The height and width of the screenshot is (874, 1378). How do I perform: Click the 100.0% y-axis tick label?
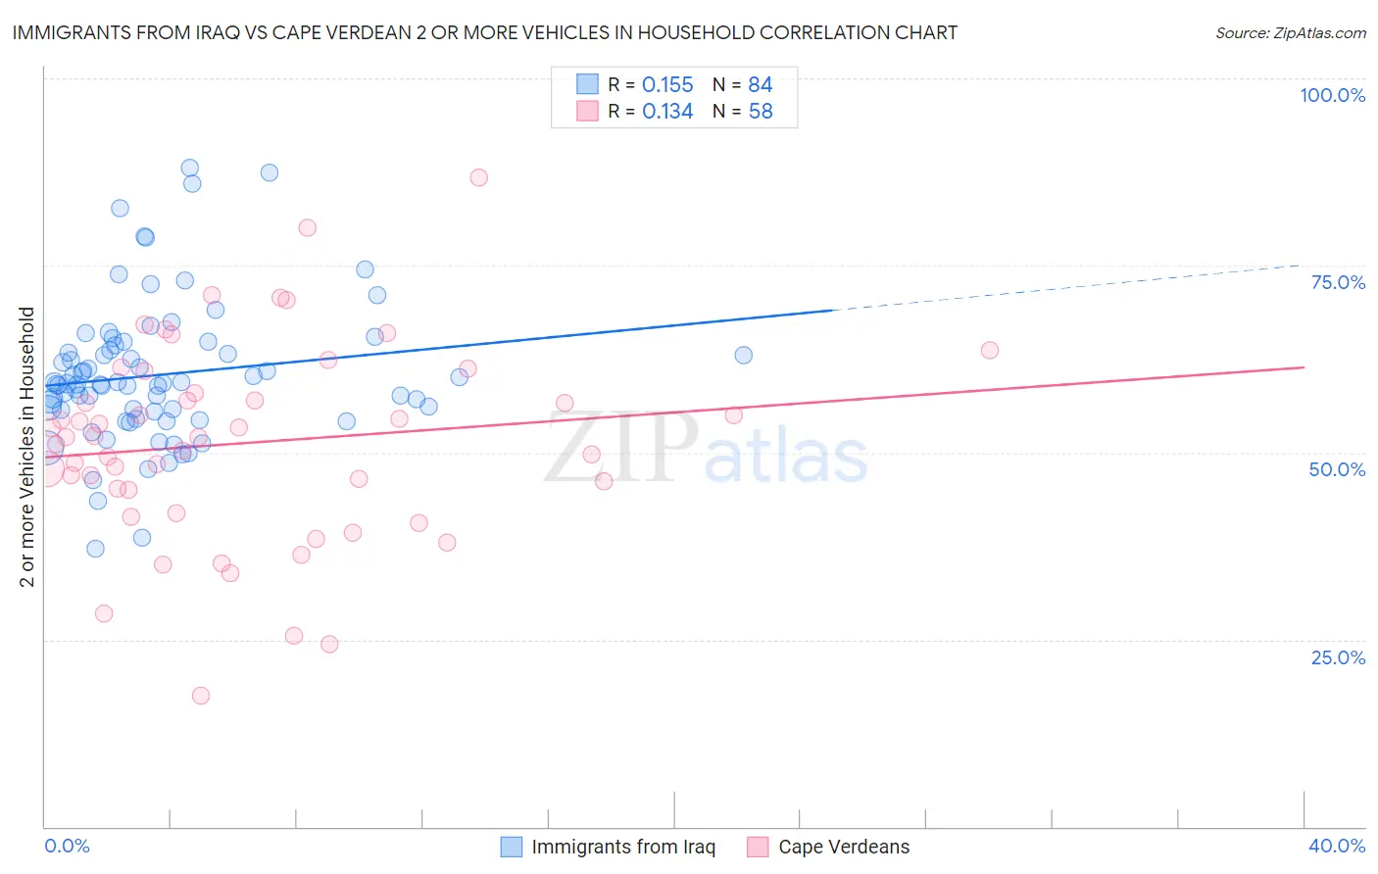pyautogui.click(x=1332, y=95)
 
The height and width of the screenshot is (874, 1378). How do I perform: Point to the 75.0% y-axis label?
pyautogui.click(x=1338, y=282)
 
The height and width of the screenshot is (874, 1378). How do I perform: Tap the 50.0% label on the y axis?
pyautogui.click(x=1337, y=469)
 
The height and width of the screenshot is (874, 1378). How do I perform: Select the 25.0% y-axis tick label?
pyautogui.click(x=1338, y=656)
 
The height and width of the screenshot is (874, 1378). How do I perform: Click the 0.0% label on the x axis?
pyautogui.click(x=67, y=846)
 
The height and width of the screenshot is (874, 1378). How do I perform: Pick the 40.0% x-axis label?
pyautogui.click(x=1337, y=846)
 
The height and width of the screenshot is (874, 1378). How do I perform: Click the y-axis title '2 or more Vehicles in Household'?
pyautogui.click(x=27, y=447)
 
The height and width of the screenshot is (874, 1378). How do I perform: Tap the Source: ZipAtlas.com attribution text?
pyautogui.click(x=1290, y=32)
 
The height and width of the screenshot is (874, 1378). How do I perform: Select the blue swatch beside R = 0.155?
pyautogui.click(x=587, y=84)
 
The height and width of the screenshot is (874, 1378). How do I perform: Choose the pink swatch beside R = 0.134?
pyautogui.click(x=587, y=111)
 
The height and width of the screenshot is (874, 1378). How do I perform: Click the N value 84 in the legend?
pyautogui.click(x=761, y=84)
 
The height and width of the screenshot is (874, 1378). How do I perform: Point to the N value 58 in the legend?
pyautogui.click(x=761, y=111)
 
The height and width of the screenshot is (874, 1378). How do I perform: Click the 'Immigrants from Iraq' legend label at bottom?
pyautogui.click(x=623, y=847)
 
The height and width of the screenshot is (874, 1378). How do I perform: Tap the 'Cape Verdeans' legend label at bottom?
pyautogui.click(x=844, y=847)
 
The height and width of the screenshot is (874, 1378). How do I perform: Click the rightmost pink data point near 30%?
pyautogui.click(x=989, y=350)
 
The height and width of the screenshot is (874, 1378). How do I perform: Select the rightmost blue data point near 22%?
pyautogui.click(x=743, y=355)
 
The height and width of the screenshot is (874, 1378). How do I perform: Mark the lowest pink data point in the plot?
pyautogui.click(x=200, y=695)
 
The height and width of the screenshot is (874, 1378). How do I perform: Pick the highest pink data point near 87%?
pyautogui.click(x=478, y=177)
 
